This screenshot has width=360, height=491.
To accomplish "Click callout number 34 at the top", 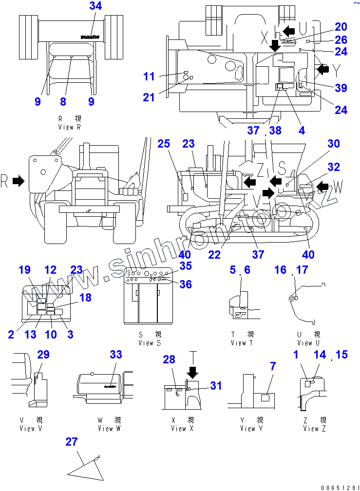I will coord(96,6).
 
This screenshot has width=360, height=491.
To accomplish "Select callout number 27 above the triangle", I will coord(72,441).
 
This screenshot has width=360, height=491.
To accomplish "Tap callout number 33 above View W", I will coord(115,355).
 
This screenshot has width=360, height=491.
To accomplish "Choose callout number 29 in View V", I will coord(43,355).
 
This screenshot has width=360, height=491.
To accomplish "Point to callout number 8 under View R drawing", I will coord(63,101).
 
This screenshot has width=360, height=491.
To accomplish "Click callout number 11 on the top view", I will coord(149,76).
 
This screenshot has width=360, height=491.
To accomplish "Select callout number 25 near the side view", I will coord(164,144).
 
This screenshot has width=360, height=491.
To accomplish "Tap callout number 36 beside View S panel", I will coord(186,284).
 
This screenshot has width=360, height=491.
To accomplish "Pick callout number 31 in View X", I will coord(216,385).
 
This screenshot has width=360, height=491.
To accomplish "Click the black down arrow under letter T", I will coord(192,372).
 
